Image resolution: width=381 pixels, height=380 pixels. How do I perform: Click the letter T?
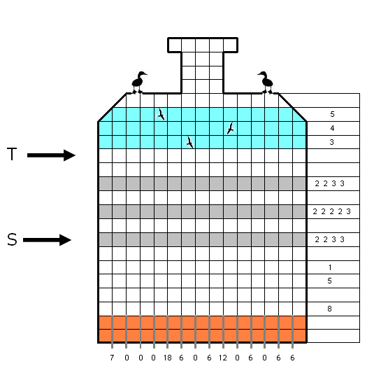coord(12,154)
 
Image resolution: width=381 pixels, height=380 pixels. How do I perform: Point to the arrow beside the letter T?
coord(51,155)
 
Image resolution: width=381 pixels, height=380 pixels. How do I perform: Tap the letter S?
coord(12,239)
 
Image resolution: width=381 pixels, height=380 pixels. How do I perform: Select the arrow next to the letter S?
coord(47,240)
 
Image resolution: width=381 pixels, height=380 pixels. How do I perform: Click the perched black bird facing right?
coord(138,83)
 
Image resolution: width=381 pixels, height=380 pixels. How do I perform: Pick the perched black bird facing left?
coord(266,83)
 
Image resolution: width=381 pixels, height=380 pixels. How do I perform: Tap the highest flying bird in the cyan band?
coord(161,114)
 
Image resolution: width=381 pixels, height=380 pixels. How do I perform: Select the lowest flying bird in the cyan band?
coord(189,142)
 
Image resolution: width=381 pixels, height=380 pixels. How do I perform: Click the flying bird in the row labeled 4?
coord(231,128)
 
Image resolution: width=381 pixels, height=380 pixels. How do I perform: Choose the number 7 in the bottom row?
coord(112,358)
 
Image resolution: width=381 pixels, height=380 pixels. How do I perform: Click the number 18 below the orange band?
coord(167,358)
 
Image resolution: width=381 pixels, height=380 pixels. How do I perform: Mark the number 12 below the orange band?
coord(223,358)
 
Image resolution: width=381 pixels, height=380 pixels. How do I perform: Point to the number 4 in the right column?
coord(332,128)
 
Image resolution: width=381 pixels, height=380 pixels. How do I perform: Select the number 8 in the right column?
coord(329,309)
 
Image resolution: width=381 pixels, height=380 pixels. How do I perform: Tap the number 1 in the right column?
coord(330,267)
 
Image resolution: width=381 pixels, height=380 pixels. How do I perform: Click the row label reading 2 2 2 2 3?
coord(331,211)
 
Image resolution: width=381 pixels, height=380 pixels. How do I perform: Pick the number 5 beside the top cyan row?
coord(332,114)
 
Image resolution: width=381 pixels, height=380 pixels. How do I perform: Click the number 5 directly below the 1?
coord(329,281)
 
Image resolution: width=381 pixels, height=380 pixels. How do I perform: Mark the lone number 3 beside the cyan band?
coord(331,142)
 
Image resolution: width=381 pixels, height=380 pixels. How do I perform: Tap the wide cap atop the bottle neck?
coord(203,45)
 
